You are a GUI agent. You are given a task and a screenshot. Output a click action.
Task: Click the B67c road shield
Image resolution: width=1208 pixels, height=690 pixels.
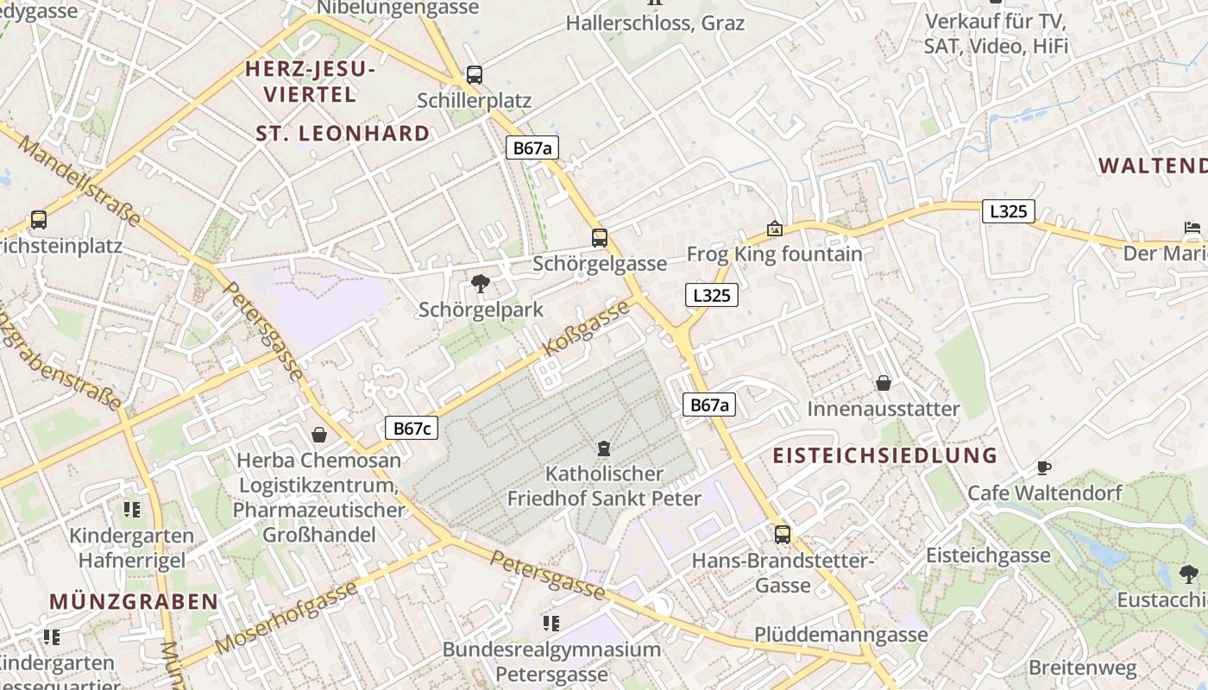(412, 428)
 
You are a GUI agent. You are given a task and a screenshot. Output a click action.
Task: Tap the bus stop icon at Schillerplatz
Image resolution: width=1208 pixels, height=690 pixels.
(474, 75)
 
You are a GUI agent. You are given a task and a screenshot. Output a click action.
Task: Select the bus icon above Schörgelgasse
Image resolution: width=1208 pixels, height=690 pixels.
(600, 238)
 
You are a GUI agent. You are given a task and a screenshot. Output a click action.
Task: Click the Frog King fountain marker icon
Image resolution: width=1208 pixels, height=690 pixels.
(775, 229)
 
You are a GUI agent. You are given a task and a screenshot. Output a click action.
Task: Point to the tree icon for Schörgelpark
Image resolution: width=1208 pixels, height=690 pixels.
(481, 284)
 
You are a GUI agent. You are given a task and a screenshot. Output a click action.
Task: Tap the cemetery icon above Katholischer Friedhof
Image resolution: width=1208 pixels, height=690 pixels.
(604, 448)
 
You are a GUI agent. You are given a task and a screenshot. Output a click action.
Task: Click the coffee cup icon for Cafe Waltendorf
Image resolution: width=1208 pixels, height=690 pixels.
(1044, 467)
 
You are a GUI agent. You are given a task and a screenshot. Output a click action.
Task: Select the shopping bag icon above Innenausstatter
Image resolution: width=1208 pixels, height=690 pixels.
(884, 383)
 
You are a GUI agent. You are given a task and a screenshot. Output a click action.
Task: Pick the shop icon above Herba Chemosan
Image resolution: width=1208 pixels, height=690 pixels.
(319, 435)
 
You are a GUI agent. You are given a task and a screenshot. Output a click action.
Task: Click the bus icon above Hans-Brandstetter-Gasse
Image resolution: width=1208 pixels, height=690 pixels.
(783, 535)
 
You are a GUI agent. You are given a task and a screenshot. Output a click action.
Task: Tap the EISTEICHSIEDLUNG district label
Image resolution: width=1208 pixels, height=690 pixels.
(884, 455)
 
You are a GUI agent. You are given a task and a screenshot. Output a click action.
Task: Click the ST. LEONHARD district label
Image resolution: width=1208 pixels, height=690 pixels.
(343, 134)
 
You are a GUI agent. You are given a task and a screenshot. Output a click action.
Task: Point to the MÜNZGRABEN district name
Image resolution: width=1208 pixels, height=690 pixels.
(134, 601)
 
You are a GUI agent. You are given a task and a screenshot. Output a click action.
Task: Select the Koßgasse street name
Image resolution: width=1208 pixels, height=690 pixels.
(587, 329)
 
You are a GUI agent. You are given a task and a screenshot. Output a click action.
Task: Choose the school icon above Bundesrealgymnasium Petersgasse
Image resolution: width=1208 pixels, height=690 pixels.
(551, 623)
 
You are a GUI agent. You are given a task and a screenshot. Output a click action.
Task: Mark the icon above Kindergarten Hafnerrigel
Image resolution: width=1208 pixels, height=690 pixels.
(131, 510)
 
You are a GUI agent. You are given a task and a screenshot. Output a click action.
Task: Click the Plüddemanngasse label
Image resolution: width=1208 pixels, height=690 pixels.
(841, 635)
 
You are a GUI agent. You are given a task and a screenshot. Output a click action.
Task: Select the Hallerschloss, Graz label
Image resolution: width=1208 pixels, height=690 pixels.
(655, 23)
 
